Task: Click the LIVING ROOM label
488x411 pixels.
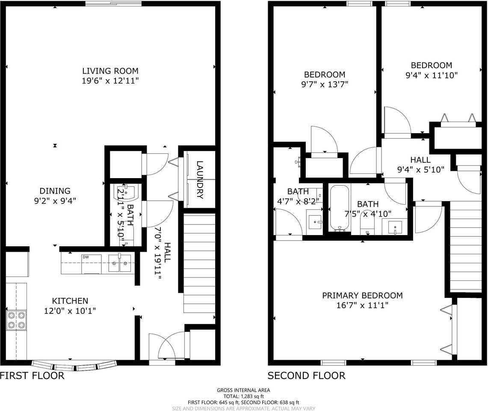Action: [x=110, y=71]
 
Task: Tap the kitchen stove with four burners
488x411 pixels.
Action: [x=16, y=320]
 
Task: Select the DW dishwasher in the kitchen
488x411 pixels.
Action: [x=91, y=264]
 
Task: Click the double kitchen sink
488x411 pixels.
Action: [x=119, y=264]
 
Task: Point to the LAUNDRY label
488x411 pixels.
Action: [x=200, y=179]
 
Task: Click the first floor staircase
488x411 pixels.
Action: [x=199, y=264]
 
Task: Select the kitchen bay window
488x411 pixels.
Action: [x=74, y=366]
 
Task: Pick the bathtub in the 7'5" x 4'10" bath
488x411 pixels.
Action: [x=340, y=208]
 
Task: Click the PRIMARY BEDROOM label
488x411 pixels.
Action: [x=362, y=295]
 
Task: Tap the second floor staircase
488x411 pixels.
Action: [x=466, y=246]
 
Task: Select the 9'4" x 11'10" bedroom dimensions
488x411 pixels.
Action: [x=431, y=75]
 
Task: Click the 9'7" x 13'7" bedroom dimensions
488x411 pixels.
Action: [x=324, y=84]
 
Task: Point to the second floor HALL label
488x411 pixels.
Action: [x=420, y=160]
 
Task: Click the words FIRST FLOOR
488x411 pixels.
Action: [x=32, y=376]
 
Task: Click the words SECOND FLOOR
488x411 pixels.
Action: [x=306, y=376]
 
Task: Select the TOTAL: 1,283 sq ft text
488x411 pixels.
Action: [x=243, y=396]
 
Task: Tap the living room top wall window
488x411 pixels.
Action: [x=113, y=4]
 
